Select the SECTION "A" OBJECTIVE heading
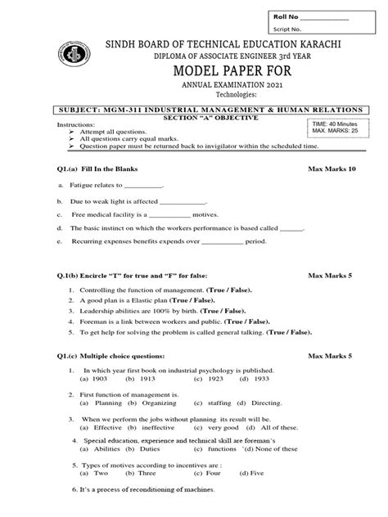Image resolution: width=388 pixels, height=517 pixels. point(192,117)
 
